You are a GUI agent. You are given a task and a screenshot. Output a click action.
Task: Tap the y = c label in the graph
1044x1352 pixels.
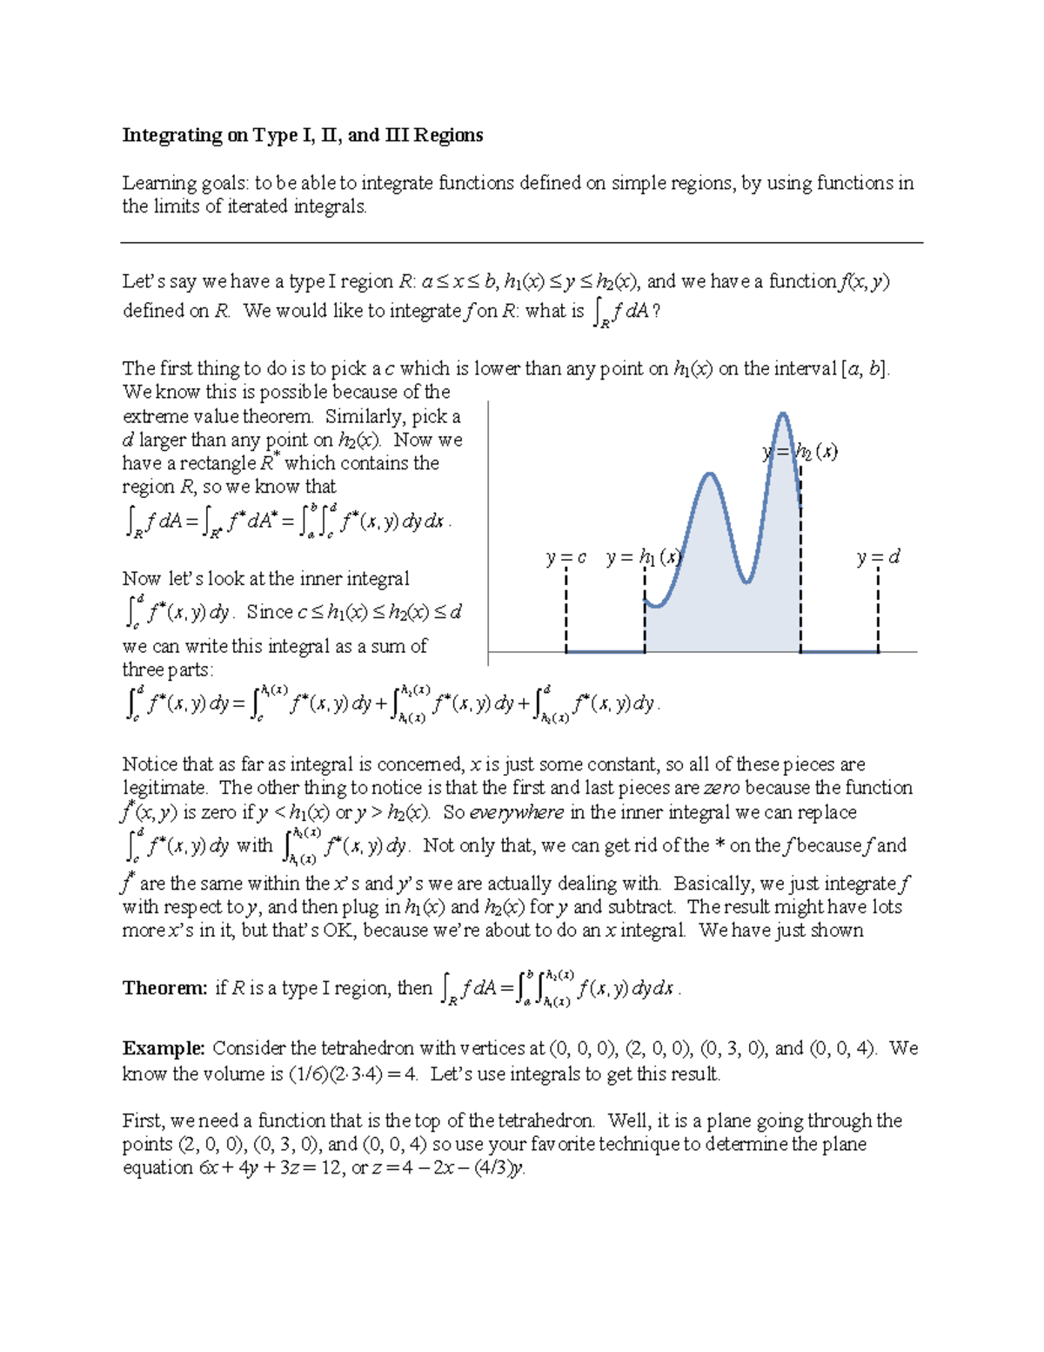(566, 557)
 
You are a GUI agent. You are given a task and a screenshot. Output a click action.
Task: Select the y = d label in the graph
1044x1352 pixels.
(878, 557)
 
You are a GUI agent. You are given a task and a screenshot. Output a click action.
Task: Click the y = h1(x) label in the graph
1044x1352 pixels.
(644, 557)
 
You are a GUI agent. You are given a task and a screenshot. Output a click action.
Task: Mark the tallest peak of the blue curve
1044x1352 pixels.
(784, 414)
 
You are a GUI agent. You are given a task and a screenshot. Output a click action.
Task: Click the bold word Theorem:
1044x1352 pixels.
(164, 988)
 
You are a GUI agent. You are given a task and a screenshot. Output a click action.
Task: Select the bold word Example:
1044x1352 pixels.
(164, 1048)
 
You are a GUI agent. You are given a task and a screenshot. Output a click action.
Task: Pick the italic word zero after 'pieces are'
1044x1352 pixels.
(721, 788)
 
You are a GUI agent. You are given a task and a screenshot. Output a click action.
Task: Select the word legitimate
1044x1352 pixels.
(164, 788)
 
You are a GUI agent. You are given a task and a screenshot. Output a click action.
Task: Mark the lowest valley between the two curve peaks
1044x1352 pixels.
(746, 581)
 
